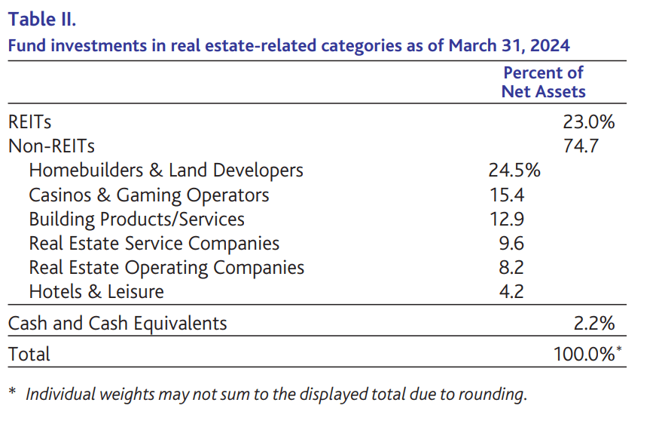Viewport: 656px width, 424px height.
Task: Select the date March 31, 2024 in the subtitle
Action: point(509,45)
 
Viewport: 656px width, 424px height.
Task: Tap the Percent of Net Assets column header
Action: point(543,82)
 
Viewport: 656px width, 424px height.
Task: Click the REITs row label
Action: point(29,121)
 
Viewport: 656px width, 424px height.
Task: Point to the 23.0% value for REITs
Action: point(589,121)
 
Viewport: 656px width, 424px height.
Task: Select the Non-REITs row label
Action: point(51,146)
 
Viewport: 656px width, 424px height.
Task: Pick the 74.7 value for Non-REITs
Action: point(581,146)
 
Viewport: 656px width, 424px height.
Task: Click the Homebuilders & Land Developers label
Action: point(166,171)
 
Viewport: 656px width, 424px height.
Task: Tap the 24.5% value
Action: point(514,171)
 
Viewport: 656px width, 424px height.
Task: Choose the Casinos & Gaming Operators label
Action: point(148,195)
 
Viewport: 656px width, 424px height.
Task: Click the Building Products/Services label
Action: point(136,219)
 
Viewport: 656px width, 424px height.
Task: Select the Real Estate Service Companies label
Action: point(154,244)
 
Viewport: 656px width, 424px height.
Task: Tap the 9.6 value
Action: point(510,244)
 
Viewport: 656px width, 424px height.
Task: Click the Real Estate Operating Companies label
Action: point(166,268)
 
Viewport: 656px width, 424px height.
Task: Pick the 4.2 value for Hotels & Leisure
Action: point(510,291)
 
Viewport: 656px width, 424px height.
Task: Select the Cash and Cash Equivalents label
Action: point(117,324)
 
